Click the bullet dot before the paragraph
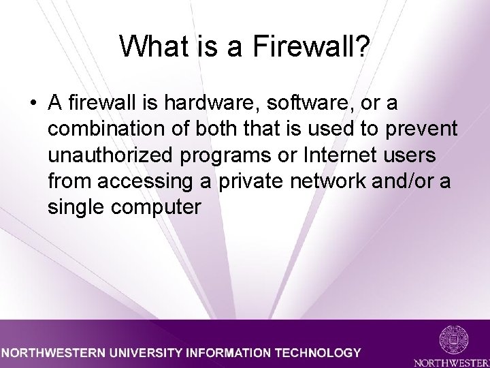point(32,104)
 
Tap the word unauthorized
point(112,155)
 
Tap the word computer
point(157,207)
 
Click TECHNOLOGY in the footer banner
point(317,353)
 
